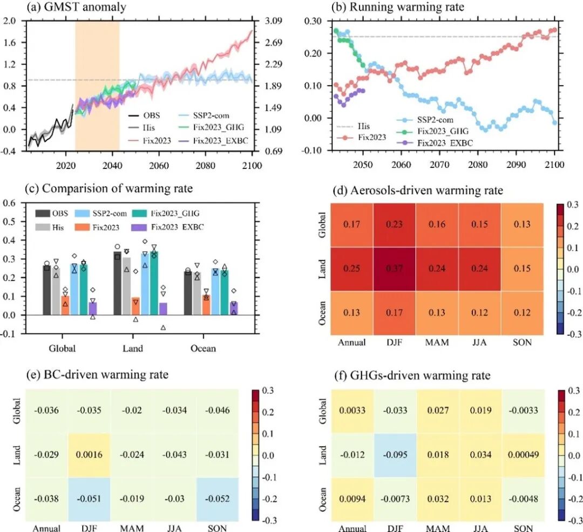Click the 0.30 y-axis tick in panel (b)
click(x=314, y=21)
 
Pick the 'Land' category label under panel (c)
click(x=133, y=349)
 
